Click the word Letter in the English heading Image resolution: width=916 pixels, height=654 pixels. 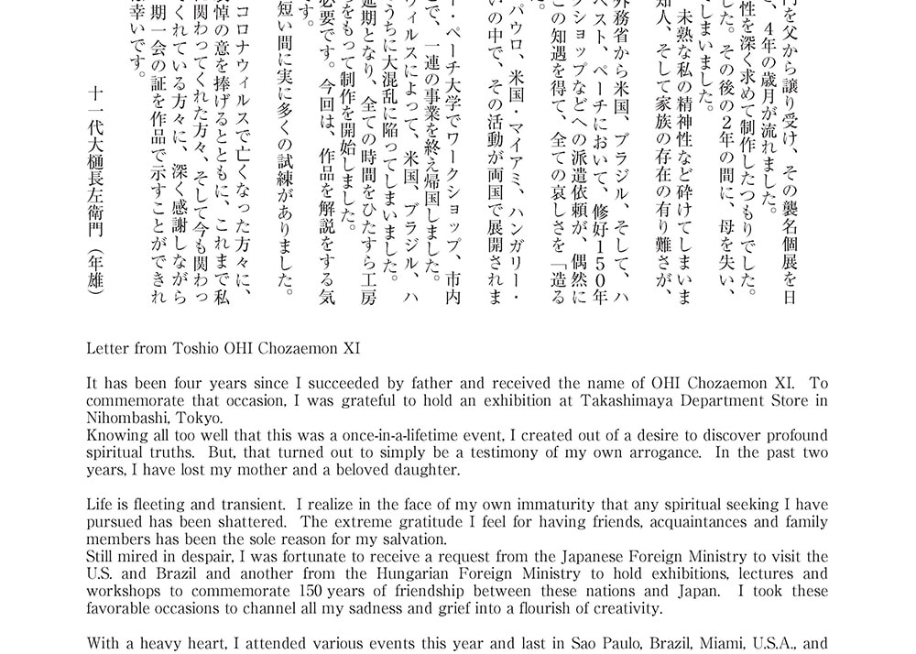[x=108, y=350]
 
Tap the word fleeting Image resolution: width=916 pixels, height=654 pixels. [x=175, y=505]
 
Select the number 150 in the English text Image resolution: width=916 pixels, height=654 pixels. [x=307, y=591]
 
